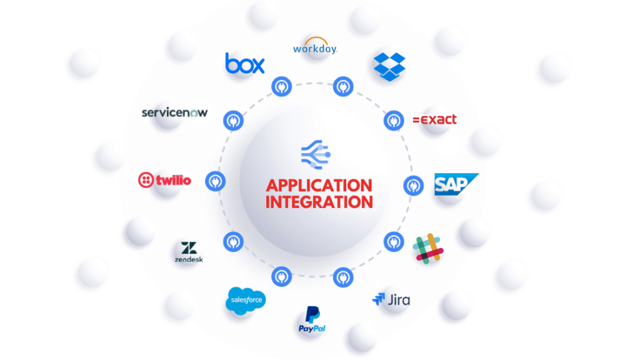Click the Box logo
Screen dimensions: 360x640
click(x=244, y=63)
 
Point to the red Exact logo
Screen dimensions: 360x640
click(x=435, y=119)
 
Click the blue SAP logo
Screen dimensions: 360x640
click(x=456, y=184)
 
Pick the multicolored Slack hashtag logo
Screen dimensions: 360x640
click(x=428, y=248)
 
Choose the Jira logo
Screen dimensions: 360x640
click(x=391, y=299)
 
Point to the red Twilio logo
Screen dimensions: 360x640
click(x=164, y=181)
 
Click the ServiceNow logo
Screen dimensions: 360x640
click(x=174, y=112)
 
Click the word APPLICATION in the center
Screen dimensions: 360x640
click(x=319, y=186)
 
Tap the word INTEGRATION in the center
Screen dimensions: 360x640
click(x=319, y=202)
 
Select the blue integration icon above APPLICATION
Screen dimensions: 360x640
click(x=316, y=152)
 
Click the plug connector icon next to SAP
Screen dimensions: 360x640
click(x=412, y=185)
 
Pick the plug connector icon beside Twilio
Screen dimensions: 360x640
click(x=215, y=181)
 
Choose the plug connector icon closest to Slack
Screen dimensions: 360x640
click(x=392, y=240)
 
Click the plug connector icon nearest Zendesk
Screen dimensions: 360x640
click(x=231, y=240)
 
